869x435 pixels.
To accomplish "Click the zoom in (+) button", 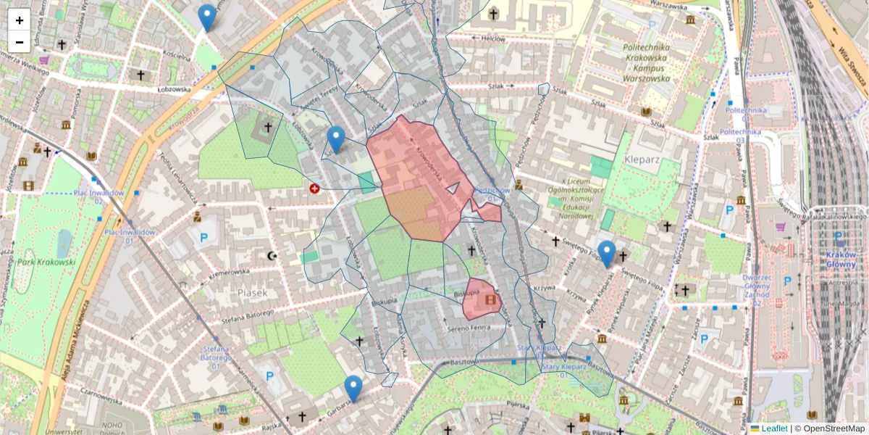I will [20, 20].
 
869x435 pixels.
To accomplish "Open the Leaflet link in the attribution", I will [774, 428].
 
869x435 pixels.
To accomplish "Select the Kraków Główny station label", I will [840, 260].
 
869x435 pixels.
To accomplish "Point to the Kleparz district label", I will [638, 156].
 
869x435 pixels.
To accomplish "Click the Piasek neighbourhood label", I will [252, 292].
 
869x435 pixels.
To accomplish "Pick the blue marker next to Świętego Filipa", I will [607, 253].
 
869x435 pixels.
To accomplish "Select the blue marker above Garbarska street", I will [353, 389].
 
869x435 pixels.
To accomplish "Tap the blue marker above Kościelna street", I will [207, 17].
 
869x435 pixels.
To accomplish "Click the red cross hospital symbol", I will [314, 188].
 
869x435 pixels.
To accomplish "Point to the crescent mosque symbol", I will [272, 256].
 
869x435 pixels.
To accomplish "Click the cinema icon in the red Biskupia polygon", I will [491, 298].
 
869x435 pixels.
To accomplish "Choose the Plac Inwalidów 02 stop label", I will [99, 196].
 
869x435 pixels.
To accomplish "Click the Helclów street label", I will [493, 38].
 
